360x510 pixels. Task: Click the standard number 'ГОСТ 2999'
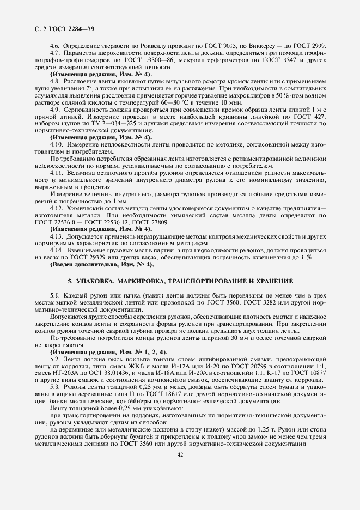310,45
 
